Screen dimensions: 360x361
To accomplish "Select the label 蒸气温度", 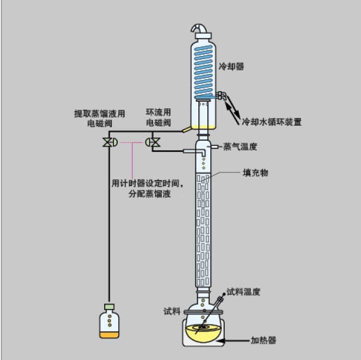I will coord(240,147).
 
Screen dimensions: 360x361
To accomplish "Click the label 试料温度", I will coord(244,291).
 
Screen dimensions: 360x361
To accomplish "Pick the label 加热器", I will coord(262,340).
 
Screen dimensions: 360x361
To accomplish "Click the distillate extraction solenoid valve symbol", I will coord(108,142).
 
